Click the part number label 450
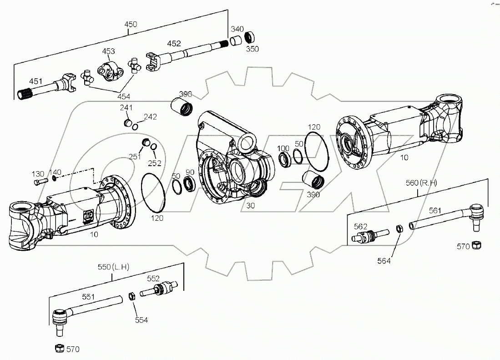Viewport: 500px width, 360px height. (x=130, y=24)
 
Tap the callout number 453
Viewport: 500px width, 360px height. (x=109, y=51)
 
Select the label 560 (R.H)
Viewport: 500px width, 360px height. (x=421, y=183)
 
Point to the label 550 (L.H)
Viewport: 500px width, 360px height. (x=113, y=267)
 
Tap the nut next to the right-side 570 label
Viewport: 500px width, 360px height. (x=477, y=246)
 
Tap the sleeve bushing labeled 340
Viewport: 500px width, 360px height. (x=235, y=41)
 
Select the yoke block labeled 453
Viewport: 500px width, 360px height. (x=110, y=70)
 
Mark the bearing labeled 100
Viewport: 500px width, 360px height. (x=285, y=159)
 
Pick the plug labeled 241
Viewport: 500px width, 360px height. (x=128, y=123)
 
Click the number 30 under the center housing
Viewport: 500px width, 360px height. (x=250, y=205)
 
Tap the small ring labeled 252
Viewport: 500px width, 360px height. (x=154, y=146)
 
